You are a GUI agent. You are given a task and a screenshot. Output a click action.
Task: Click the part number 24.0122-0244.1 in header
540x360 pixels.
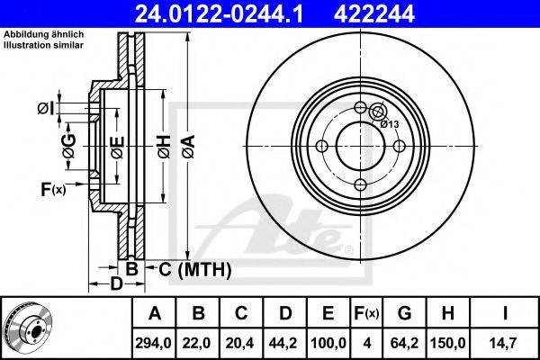(219, 14)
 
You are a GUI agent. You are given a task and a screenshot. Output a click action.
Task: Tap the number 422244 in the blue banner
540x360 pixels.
(374, 14)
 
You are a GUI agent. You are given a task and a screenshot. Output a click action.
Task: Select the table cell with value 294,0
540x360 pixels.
(154, 343)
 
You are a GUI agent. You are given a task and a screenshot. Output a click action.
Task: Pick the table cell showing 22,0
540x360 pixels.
(198, 343)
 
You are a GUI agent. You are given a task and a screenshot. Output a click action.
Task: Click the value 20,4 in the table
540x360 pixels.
(241, 343)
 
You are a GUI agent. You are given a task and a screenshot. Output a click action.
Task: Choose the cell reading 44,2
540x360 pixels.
(284, 343)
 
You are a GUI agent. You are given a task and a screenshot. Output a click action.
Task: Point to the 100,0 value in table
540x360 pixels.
(328, 343)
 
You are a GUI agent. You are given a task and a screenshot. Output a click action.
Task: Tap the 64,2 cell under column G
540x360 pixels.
(404, 343)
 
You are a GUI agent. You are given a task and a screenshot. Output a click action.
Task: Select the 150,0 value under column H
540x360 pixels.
(447, 343)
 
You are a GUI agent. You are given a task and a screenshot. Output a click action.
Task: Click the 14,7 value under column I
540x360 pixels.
(504, 343)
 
